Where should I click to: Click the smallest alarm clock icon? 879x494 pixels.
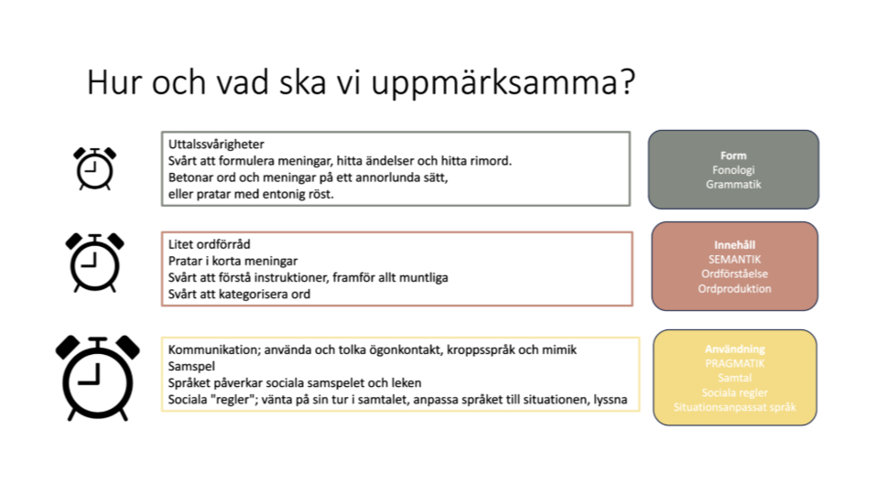94,168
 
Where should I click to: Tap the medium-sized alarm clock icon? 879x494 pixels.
94,262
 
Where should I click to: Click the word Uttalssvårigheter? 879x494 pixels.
217,145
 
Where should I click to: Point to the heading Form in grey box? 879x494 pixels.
733,156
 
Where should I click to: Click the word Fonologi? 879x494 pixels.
733,170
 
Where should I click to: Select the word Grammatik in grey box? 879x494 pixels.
733,184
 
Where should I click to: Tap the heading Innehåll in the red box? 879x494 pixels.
734,245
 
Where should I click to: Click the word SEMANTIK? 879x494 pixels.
734,260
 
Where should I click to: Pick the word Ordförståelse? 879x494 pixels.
734,274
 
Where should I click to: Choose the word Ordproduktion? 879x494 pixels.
734,288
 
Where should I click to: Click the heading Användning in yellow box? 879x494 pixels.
734,349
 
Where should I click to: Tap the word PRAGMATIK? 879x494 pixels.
734,363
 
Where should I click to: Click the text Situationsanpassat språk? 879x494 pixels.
734,406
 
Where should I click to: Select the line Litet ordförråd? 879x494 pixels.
210,244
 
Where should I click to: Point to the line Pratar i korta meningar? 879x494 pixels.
233,261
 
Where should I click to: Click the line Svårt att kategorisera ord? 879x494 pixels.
240,294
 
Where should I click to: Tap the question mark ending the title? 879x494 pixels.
626,83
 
